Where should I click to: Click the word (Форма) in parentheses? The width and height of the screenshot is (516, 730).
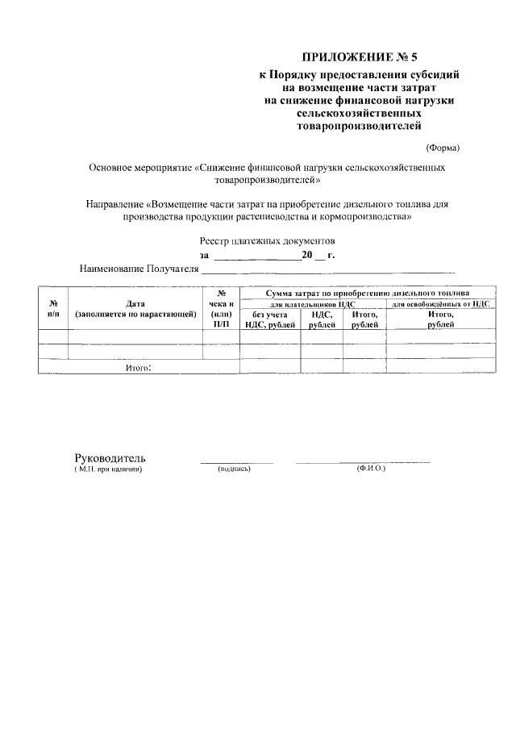(443, 147)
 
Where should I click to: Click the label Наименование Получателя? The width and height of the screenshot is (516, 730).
(139, 268)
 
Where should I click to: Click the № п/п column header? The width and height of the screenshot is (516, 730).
(52, 309)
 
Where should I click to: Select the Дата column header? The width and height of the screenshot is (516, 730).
(135, 309)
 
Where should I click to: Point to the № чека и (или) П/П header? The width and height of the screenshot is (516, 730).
(220, 309)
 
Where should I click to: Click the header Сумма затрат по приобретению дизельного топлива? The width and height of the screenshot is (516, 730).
(362, 294)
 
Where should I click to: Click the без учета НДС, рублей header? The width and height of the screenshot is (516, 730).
(269, 319)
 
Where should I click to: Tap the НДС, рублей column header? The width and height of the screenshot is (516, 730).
(322, 319)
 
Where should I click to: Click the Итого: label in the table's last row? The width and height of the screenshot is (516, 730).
(138, 367)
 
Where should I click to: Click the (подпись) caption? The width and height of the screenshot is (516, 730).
(235, 469)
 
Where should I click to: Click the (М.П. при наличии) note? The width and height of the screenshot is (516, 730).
(107, 469)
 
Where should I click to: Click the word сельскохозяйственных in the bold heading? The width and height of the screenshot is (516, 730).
(359, 114)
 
